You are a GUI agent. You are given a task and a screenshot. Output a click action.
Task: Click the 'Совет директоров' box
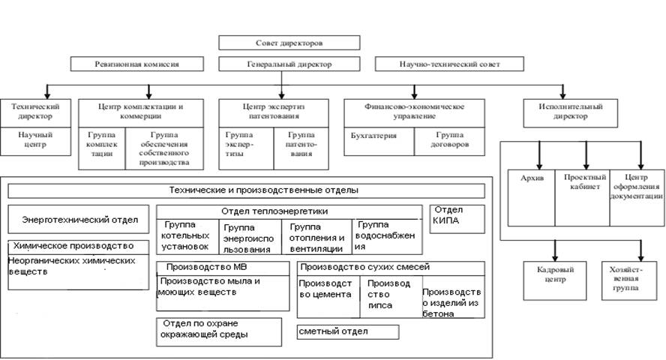289,43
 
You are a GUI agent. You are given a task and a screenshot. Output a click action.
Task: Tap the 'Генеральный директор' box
289,64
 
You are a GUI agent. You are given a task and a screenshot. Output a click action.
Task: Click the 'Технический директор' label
36,112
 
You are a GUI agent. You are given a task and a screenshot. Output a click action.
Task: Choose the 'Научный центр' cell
36,139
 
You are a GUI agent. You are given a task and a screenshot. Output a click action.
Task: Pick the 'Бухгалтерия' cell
373,136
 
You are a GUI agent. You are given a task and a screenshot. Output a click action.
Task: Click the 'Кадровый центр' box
555,274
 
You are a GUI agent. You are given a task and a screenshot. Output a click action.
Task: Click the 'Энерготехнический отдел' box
79,220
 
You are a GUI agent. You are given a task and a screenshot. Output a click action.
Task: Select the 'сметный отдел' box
347,331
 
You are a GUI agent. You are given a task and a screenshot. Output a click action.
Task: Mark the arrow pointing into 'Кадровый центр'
555,249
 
